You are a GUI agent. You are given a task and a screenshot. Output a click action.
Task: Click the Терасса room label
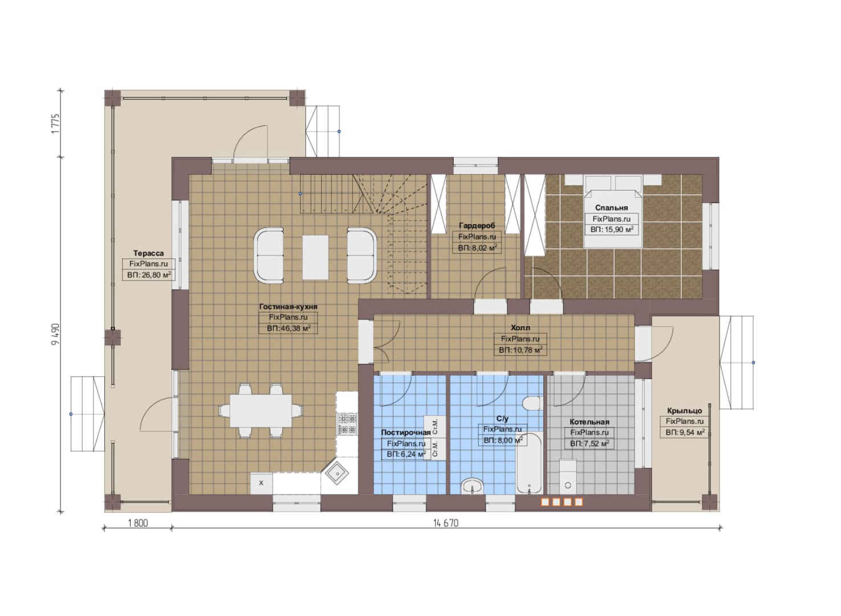click(148, 253)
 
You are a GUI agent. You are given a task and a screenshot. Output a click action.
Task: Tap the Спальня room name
click(612, 208)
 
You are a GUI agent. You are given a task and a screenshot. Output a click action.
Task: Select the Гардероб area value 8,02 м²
click(477, 248)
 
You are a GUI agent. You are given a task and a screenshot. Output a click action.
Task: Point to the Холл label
click(520, 328)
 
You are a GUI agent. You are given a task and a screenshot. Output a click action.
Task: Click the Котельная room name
click(589, 422)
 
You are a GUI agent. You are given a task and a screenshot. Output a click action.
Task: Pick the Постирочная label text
click(406, 432)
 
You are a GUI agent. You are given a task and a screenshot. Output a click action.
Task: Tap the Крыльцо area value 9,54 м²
click(685, 432)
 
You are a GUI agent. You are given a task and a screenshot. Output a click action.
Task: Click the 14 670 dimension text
click(446, 523)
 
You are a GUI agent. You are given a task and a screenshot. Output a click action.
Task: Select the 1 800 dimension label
click(138, 523)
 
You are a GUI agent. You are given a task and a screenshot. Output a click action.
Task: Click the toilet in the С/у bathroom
click(533, 403)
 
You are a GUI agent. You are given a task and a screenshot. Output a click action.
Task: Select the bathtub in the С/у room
click(529, 463)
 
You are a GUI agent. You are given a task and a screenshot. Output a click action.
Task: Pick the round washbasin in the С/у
click(472, 486)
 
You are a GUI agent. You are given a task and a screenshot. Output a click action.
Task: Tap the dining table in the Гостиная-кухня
click(261, 410)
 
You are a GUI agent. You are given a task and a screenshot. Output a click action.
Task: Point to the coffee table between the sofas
click(316, 257)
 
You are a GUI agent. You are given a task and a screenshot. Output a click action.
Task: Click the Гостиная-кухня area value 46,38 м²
click(288, 329)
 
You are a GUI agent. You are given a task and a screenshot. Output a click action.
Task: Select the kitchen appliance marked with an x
click(261, 483)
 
